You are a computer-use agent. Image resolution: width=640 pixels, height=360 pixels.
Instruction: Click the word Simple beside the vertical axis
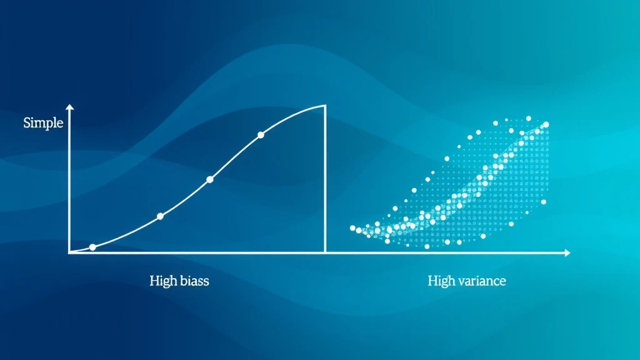click(x=43, y=123)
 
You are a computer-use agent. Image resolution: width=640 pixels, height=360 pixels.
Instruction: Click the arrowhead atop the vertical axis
click(x=70, y=107)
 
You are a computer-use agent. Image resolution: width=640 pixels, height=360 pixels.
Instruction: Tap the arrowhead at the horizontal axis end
click(x=567, y=253)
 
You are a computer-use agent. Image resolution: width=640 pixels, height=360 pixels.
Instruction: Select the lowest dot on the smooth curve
click(x=92, y=247)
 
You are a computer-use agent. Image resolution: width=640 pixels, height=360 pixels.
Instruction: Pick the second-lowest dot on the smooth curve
click(x=161, y=216)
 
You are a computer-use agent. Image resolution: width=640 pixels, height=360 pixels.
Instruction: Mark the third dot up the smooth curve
click(x=210, y=179)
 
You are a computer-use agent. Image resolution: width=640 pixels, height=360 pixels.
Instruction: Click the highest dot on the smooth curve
click(x=261, y=135)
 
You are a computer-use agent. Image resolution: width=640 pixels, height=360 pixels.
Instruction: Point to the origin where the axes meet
click(x=70, y=253)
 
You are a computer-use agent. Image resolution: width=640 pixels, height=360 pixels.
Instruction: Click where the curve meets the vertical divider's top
click(x=325, y=106)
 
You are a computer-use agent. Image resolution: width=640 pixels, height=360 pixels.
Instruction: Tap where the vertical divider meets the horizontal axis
click(x=325, y=253)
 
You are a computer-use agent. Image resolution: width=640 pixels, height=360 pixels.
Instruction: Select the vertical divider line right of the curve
click(x=325, y=179)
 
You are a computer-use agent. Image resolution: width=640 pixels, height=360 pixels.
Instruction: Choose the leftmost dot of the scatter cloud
click(x=352, y=228)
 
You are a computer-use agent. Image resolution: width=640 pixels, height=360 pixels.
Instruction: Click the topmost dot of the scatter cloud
click(x=529, y=118)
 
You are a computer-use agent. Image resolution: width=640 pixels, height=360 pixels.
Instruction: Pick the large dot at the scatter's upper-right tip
click(x=546, y=124)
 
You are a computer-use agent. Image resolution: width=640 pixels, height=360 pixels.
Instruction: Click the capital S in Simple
click(x=27, y=122)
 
